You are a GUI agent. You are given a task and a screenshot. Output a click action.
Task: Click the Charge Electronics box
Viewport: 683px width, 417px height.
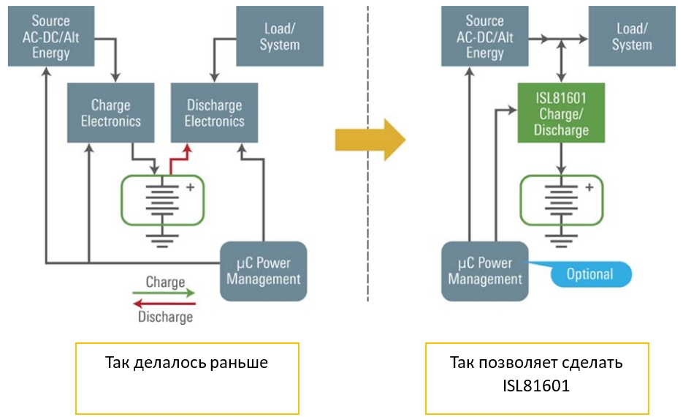coord(110,113)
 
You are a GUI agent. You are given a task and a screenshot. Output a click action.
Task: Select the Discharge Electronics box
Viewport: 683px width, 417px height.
coord(214,113)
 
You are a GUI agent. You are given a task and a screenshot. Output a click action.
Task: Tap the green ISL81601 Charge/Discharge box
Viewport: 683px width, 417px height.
coord(561,113)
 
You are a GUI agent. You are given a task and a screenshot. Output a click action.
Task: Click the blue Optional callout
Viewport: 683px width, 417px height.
coord(589,274)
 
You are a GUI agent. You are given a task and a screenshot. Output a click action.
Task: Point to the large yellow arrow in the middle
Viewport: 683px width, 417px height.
coord(370,140)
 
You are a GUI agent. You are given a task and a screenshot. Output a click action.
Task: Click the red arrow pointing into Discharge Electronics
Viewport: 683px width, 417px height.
coord(178,159)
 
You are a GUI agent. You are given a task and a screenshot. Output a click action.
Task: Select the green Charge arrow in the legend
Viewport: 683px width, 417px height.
coord(164,293)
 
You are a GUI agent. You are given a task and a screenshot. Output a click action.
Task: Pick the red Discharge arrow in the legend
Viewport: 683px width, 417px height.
coord(164,304)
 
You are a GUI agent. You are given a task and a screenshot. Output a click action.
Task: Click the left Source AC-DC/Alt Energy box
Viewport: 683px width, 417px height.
coord(51,36)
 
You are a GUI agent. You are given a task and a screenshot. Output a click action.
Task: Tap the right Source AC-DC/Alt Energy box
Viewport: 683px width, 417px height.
coord(485,36)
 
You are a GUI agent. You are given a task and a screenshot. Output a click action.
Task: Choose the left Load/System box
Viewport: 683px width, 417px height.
coord(280,36)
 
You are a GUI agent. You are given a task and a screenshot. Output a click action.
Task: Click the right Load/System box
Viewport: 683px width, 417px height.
coord(632,36)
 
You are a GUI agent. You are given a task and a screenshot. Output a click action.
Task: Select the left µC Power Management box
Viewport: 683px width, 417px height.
coord(264,271)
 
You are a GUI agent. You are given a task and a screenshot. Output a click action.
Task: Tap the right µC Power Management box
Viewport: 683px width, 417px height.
coord(485,271)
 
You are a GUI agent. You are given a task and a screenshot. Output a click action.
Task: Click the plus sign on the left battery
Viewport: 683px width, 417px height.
coord(191,187)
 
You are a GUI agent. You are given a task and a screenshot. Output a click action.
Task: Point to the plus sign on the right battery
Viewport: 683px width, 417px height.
coord(589,187)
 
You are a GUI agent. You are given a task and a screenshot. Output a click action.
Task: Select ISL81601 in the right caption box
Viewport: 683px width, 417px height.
coord(536,386)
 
